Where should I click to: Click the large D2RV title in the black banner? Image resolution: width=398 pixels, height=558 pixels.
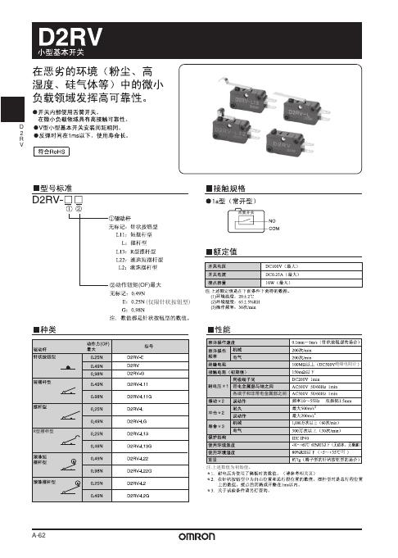coord(65,35)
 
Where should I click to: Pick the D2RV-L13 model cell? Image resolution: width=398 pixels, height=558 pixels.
coord(138,432)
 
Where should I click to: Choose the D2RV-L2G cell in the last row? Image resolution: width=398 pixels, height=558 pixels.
coord(138,496)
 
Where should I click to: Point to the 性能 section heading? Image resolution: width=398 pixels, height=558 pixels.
coord(220,329)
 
